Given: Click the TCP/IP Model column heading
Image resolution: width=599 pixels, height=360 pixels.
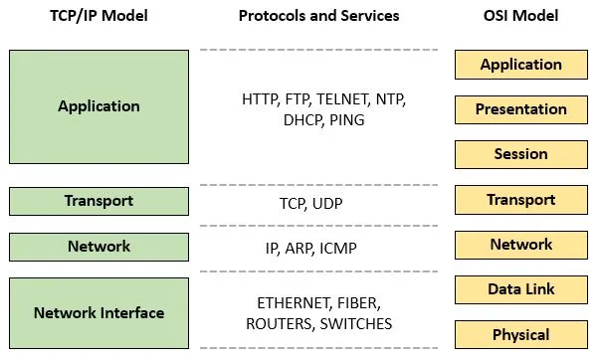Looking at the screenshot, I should (99, 16).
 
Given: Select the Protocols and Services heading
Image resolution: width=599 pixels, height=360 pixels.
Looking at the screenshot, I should (318, 16).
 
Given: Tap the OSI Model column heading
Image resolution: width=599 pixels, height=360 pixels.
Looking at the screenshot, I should (520, 16).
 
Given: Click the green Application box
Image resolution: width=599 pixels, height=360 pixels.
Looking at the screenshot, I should (99, 106).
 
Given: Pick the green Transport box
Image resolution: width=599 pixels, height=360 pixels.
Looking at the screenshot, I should (99, 201).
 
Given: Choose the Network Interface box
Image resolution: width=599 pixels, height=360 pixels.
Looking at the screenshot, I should (99, 312).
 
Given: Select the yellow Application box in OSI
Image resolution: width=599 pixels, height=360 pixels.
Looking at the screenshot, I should (520, 65).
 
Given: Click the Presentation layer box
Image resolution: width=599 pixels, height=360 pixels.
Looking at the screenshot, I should (520, 109).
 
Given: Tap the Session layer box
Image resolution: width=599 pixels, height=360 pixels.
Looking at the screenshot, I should (520, 154).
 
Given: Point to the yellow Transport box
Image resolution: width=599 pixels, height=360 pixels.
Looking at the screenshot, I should (520, 200).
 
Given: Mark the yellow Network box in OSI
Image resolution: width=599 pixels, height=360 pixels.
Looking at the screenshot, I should (520, 245).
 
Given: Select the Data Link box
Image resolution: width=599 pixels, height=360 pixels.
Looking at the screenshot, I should (520, 289).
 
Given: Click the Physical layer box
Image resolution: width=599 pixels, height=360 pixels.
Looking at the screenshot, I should (520, 334).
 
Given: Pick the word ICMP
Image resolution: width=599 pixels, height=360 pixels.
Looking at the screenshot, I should (338, 247).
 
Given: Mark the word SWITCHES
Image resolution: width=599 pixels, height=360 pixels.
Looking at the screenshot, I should (355, 323).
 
